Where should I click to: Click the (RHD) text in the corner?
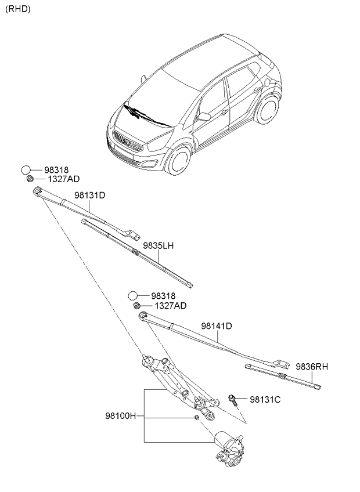click(18, 9)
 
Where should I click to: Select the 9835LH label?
click(158, 246)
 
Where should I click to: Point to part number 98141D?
click(217, 327)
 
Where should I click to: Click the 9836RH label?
click(312, 366)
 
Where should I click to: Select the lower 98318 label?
click(163, 296)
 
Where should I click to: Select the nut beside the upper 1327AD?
click(30, 178)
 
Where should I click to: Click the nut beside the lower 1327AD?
click(136, 305)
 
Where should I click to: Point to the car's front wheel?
click(178, 161)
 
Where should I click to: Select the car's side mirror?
click(204, 116)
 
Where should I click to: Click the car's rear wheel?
click(268, 111)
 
